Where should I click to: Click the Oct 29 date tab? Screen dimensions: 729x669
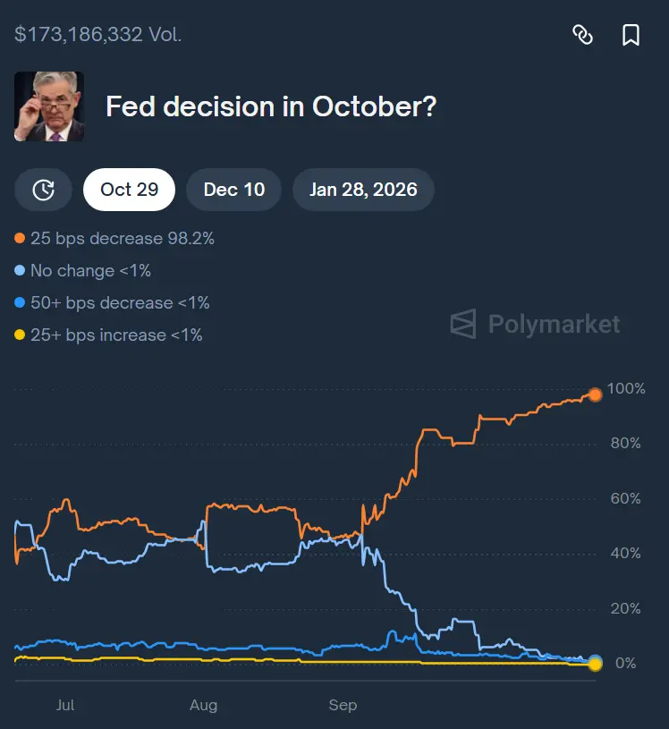point(129,190)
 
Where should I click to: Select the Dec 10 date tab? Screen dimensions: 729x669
point(234,190)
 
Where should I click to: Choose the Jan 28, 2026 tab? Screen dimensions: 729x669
point(363,190)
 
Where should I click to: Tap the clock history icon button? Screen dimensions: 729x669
point(44,190)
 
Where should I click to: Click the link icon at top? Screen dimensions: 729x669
point(582,35)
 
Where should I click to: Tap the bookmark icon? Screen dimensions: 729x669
point(631,35)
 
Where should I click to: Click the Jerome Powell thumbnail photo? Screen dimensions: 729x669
point(49,106)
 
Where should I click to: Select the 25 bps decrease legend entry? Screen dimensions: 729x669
point(114,239)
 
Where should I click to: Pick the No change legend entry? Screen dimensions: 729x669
point(83,271)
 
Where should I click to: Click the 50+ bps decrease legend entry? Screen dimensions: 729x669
point(113,303)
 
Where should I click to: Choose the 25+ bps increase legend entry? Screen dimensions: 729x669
point(109,335)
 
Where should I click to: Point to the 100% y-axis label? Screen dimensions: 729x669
point(625,389)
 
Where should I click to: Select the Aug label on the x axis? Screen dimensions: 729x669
point(204,706)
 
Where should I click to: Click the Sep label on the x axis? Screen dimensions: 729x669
point(343,706)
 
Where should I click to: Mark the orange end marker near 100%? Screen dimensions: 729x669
point(595,394)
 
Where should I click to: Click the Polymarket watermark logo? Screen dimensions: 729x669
point(535,323)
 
